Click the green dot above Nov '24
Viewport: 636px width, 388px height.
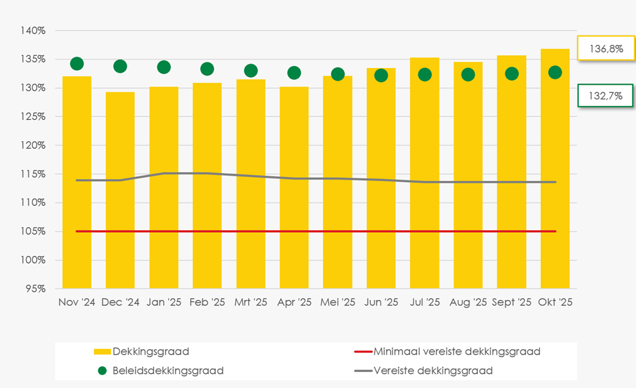[77, 63]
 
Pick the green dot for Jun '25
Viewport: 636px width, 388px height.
[381, 76]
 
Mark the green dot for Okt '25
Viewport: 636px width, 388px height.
[555, 72]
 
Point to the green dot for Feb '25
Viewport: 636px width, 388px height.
[207, 69]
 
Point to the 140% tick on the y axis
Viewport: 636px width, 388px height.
[33, 31]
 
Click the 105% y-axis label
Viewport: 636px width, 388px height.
[33, 232]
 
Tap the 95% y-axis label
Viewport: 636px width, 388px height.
[35, 289]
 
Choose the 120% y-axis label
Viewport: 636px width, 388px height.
[33, 146]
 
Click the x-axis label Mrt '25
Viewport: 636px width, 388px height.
[251, 303]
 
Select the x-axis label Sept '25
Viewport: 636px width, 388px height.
[511, 303]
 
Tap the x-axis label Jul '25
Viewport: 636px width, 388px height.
[425, 303]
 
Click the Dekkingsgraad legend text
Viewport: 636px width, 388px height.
[150, 351]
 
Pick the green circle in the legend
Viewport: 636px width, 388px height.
[102, 371]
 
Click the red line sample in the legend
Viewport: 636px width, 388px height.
[363, 351]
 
